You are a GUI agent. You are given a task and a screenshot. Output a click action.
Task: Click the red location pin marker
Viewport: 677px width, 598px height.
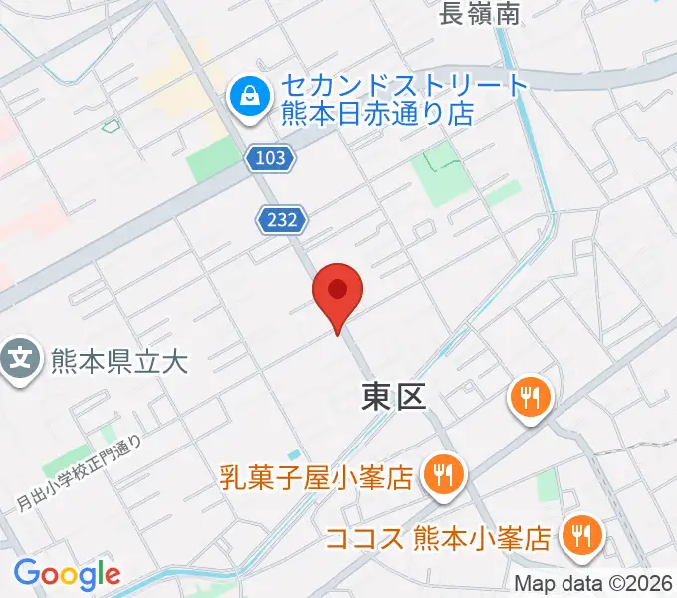338,292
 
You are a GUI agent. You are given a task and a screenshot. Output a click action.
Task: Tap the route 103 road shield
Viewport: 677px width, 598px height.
270,157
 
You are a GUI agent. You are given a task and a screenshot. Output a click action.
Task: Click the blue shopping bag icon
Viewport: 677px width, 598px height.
245,97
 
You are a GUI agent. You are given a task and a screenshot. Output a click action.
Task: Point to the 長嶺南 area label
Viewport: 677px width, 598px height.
481,13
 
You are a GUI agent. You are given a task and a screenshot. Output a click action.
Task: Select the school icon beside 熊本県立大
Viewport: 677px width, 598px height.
20,356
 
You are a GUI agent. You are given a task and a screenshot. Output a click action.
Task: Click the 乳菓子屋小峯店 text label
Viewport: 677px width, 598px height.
317,479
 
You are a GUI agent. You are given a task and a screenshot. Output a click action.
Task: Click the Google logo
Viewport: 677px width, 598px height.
67,574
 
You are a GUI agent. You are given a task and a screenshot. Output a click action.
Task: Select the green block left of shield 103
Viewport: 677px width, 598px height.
218,159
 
